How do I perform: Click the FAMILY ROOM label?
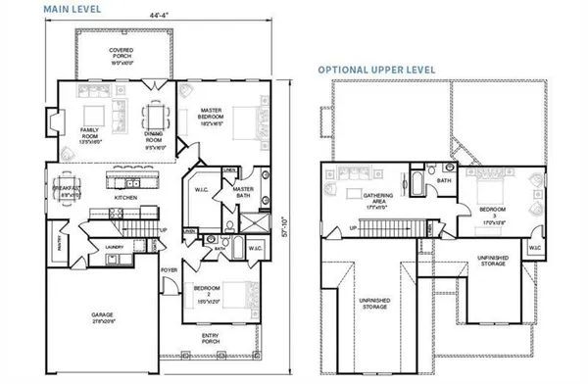click(x=89, y=134)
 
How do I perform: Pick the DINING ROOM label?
click(x=155, y=142)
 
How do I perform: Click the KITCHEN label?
click(x=124, y=198)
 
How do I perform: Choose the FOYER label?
click(x=169, y=269)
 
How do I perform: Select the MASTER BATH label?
click(x=244, y=192)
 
